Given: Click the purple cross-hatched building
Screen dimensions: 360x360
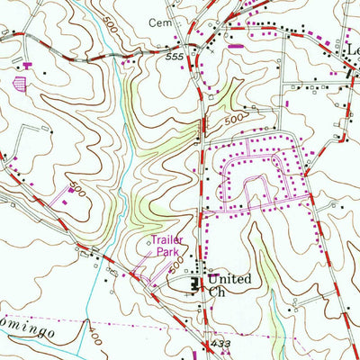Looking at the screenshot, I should (21, 85).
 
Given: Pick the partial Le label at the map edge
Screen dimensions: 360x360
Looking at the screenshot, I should (352, 53).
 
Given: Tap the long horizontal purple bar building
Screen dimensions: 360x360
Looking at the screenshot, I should (237, 44).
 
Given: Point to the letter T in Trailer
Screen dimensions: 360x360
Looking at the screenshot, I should (153, 241).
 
